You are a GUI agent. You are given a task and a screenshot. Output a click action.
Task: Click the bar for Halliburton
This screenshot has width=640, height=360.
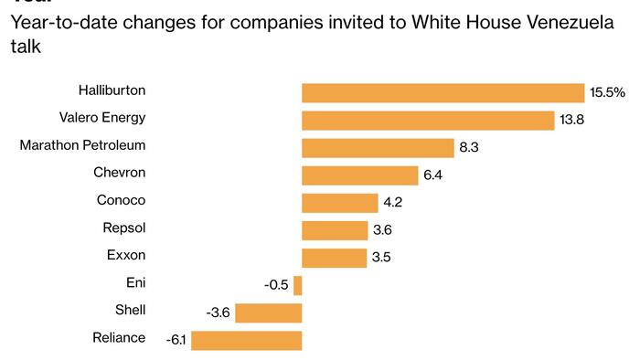coord(443,93)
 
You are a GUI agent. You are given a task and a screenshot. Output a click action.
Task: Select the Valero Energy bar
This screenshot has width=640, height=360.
coord(428,121)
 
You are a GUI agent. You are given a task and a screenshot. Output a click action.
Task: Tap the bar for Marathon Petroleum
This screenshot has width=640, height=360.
coord(378,148)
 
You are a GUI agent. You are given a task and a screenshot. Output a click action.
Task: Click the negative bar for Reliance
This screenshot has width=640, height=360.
coord(246,341)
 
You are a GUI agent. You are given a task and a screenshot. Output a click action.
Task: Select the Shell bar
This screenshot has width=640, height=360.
coord(269,313)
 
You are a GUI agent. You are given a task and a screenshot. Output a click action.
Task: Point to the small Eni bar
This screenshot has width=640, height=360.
coord(297,286)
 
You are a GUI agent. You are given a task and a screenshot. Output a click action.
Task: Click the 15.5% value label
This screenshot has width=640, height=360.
coord(607,93)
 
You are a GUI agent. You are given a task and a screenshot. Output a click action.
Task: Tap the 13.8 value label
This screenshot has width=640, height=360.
coord(573,121)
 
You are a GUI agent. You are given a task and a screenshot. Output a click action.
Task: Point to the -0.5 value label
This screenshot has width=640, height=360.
coord(275,286)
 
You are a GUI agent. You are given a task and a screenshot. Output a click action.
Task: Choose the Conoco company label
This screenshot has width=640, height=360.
coord(121,200)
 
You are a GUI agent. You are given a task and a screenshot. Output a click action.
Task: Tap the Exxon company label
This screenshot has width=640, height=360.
coord(124,255)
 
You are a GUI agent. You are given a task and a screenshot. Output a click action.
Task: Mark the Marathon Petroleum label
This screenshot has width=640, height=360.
coord(82,145)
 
